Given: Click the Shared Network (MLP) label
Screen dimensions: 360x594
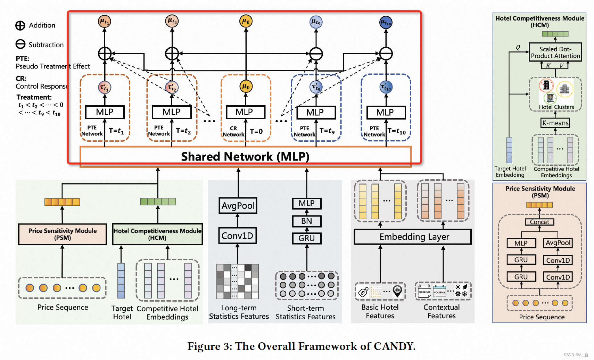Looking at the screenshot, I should [x=245, y=157].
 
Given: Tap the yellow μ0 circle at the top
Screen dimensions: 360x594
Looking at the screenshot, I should [x=246, y=21].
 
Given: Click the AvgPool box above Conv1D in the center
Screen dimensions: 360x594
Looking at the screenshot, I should [x=238, y=206].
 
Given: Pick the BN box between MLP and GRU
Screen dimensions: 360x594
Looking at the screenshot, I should [x=306, y=221].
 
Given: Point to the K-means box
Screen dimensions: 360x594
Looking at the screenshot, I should [x=555, y=123].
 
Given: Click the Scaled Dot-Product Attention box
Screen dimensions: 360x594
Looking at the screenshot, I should [x=555, y=52].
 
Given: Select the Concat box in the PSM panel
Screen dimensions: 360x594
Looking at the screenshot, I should [x=539, y=222].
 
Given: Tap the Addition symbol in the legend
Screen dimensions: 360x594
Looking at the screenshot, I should [x=20, y=25].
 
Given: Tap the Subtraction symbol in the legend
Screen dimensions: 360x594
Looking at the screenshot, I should [x=20, y=44].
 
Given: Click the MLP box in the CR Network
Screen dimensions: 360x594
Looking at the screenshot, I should [x=245, y=112].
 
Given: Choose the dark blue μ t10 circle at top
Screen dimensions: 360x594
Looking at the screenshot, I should [x=386, y=22].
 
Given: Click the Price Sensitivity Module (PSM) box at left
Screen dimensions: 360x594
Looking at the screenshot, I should [x=63, y=234].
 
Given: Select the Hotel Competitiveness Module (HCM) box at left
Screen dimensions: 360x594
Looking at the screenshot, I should [x=157, y=234].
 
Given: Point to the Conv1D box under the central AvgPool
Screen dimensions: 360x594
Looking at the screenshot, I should [x=238, y=236].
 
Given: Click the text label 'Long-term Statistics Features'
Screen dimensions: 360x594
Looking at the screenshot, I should [x=239, y=312].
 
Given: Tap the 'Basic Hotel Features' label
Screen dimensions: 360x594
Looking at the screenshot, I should [x=380, y=311].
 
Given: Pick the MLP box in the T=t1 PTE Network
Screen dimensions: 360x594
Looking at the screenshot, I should [x=105, y=112].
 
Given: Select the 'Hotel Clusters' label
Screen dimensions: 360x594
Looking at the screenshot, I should [x=556, y=107].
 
